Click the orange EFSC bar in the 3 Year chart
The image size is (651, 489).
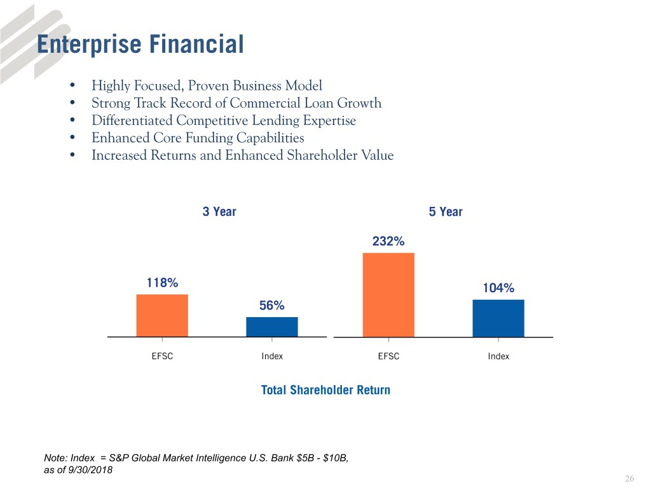(x=162, y=315)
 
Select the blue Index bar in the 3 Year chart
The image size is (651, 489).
(x=272, y=327)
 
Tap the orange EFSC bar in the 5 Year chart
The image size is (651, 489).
(x=388, y=295)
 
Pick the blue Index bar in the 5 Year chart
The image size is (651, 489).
(x=498, y=318)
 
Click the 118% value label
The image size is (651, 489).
(x=162, y=283)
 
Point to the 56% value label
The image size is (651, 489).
(x=271, y=306)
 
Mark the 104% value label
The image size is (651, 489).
(x=498, y=288)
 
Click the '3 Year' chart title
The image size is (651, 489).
(x=219, y=212)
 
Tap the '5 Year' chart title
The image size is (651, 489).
(x=446, y=212)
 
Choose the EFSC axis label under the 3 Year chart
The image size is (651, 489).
(x=162, y=357)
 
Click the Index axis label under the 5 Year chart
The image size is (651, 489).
(x=498, y=357)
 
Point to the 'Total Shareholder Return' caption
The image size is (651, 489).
(x=325, y=390)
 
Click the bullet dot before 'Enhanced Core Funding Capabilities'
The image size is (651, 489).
(x=74, y=138)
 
